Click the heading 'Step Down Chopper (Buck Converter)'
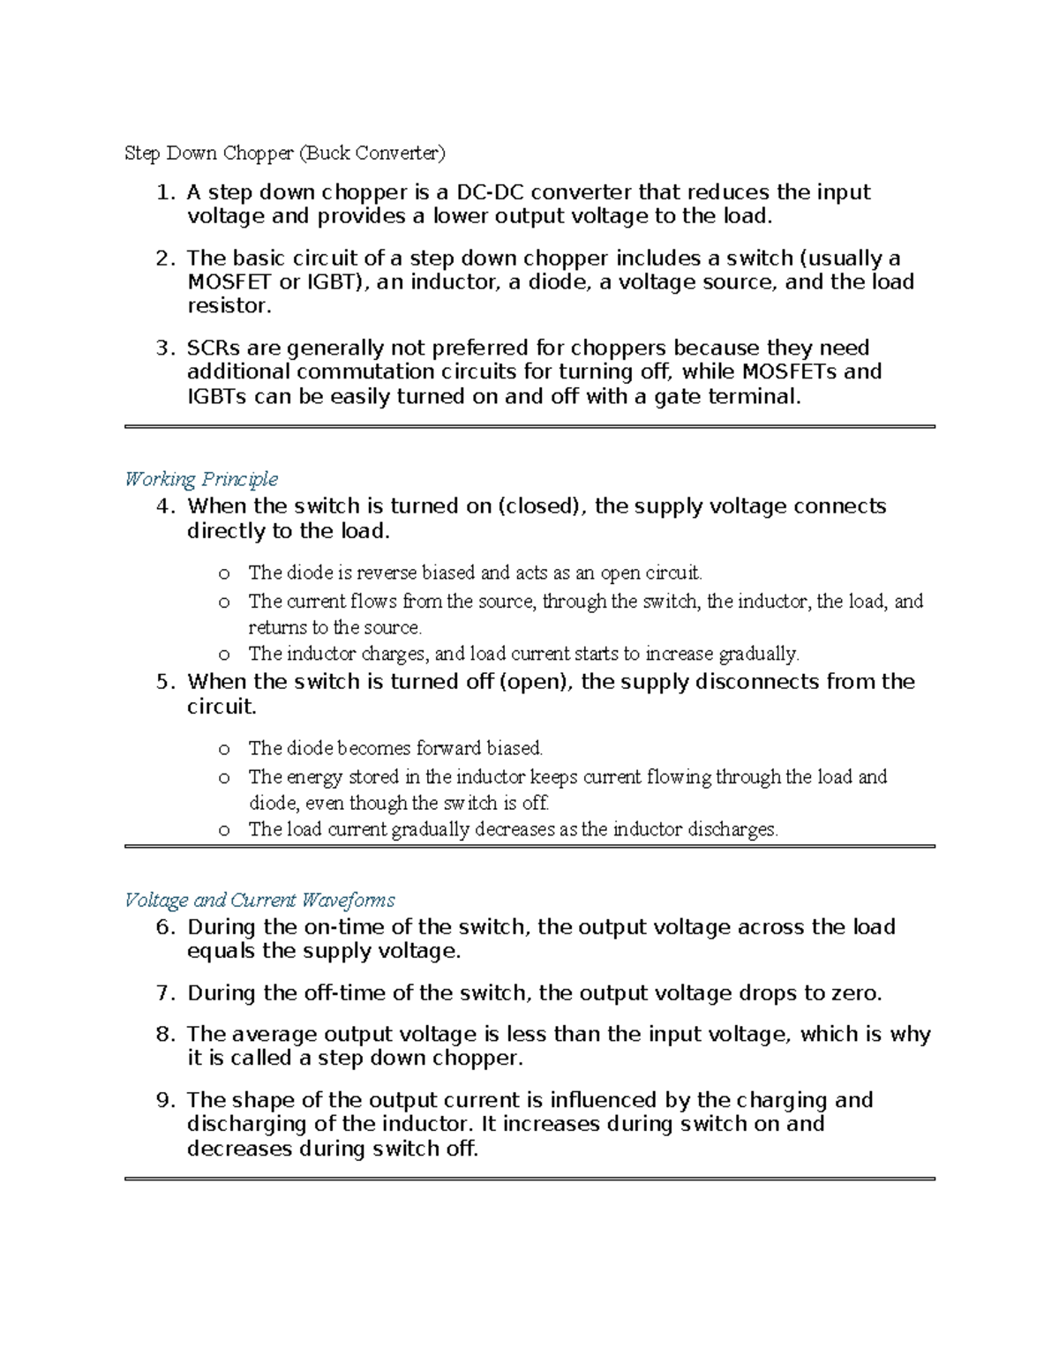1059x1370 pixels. click(285, 153)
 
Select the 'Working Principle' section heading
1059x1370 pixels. click(201, 479)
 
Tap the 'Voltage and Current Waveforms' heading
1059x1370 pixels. click(259, 900)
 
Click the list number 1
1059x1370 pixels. click(162, 192)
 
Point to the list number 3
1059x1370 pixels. click(162, 348)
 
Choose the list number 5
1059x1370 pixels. click(162, 682)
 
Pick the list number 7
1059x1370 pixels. click(162, 993)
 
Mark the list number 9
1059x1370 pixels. click(162, 1100)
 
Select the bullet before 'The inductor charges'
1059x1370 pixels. click(224, 655)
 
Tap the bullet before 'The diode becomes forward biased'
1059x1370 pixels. click(224, 749)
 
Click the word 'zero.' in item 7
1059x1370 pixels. click(857, 993)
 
